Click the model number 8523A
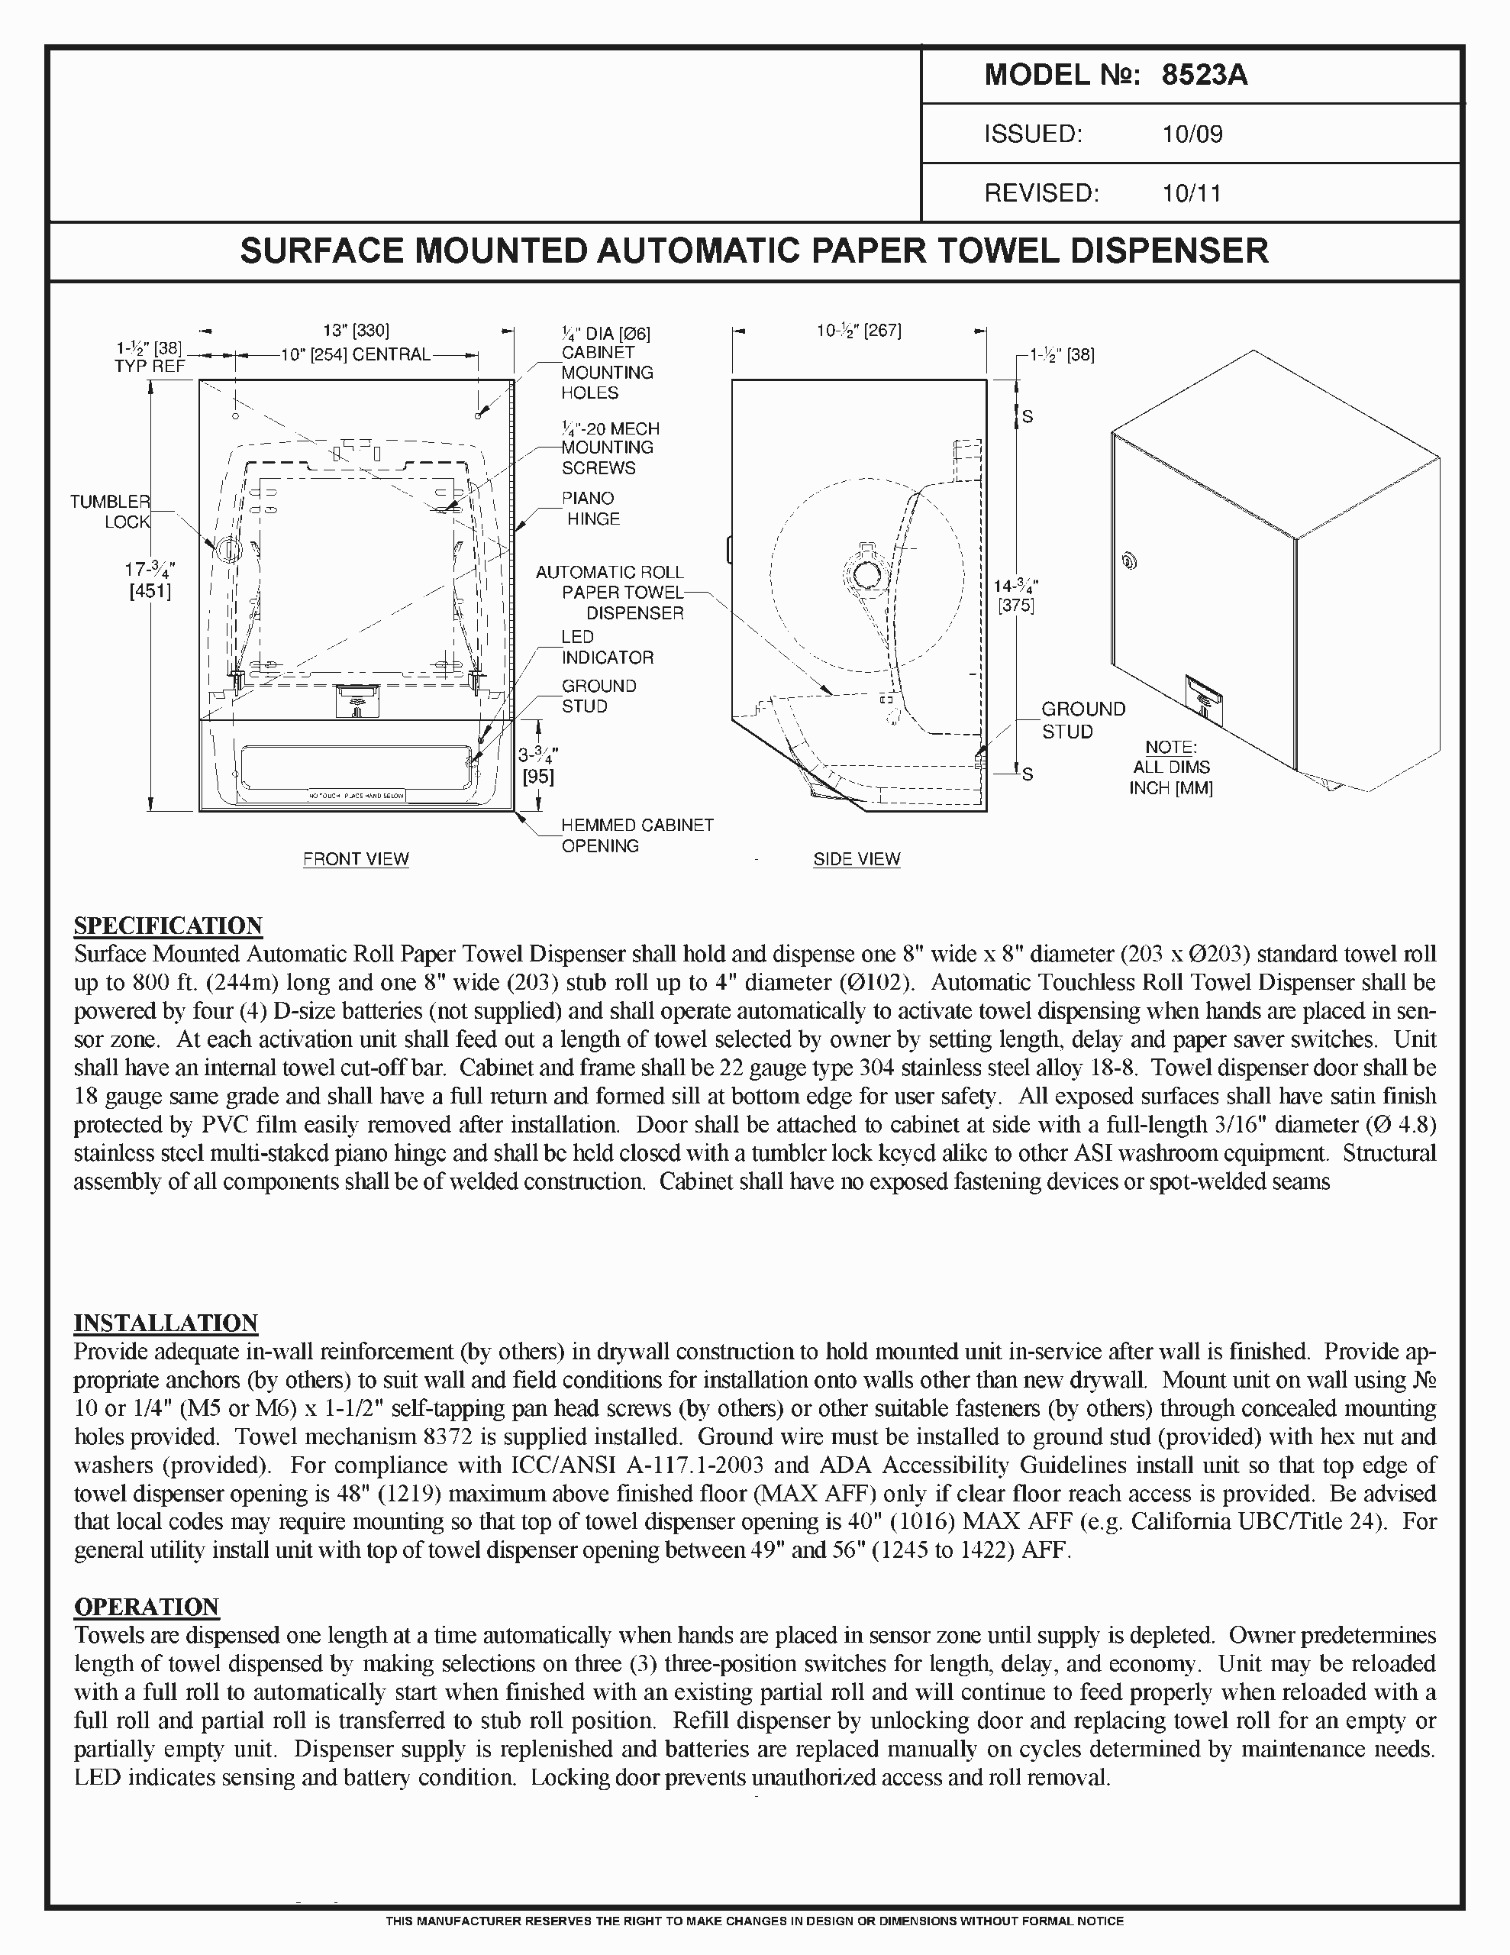point(1204,75)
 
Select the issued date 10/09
point(1192,134)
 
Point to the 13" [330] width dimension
point(357,331)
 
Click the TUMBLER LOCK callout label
point(110,511)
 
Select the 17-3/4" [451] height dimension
point(150,580)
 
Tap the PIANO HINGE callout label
point(590,509)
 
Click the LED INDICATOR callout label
point(607,647)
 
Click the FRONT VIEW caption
point(355,859)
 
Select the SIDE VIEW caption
point(857,859)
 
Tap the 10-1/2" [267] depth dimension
point(858,331)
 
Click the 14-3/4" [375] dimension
point(1016,595)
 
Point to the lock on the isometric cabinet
point(1130,562)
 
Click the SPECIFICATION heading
point(167,926)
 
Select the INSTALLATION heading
point(166,1323)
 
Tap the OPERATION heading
point(146,1607)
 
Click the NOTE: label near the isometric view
point(1171,748)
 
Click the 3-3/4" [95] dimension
point(538,766)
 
